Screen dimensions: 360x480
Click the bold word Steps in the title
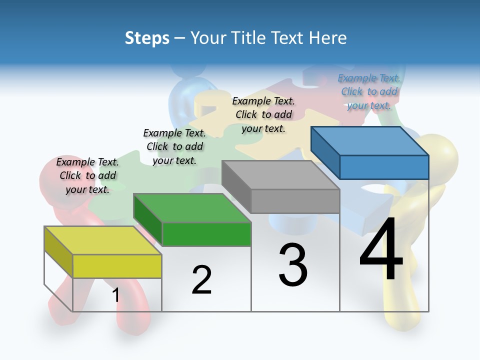tap(147, 38)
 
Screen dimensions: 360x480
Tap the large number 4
tap(381, 249)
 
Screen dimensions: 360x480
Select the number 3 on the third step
tap(293, 265)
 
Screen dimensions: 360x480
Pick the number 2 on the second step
tap(202, 280)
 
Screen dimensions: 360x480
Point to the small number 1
tap(115, 295)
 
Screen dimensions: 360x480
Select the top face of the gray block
tap(280, 174)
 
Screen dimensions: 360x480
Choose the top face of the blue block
tap(370, 140)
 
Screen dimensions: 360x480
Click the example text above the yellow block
tap(87, 175)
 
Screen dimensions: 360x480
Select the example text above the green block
tap(174, 146)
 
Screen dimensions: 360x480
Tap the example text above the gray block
tap(263, 114)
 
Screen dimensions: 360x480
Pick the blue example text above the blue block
tap(369, 91)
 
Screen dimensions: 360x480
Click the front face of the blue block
tap(384, 167)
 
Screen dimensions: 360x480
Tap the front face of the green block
tap(206, 234)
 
